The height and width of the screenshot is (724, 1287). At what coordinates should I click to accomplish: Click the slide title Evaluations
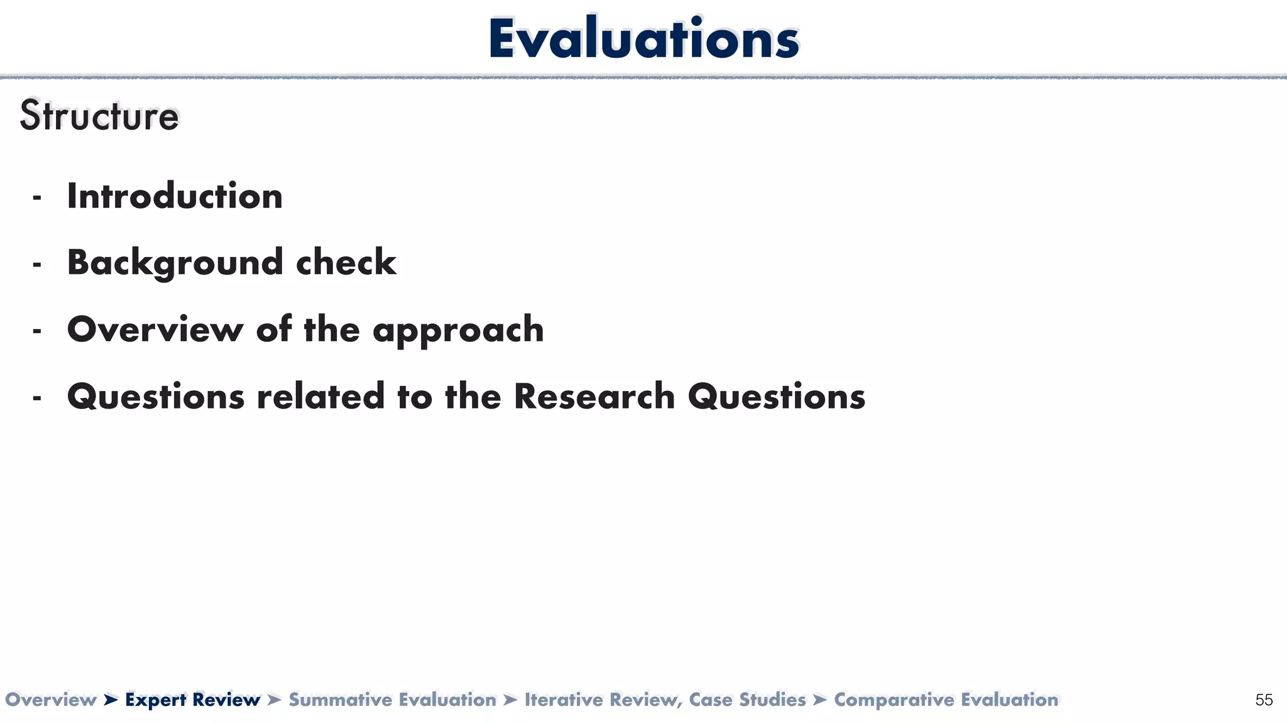click(x=643, y=39)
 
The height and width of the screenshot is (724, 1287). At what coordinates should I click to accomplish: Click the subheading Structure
click(x=99, y=116)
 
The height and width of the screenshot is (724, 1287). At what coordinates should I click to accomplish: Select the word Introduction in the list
click(x=175, y=196)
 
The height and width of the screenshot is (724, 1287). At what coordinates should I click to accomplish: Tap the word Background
click(x=175, y=263)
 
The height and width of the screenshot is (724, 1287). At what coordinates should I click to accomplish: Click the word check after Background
click(x=346, y=263)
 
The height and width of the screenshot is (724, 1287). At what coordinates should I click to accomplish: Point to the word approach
click(x=458, y=330)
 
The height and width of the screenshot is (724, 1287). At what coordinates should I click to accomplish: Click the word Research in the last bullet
click(x=594, y=397)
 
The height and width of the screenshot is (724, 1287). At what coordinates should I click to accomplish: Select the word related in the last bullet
click(x=320, y=397)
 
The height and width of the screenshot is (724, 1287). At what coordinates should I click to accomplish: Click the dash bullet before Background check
click(x=37, y=265)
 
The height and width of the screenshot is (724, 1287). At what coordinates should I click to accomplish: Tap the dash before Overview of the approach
click(x=37, y=331)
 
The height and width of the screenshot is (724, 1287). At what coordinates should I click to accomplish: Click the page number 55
click(x=1264, y=700)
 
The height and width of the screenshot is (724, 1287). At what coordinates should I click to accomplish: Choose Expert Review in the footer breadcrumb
click(x=192, y=699)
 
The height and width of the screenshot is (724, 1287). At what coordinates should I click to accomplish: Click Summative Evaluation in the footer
click(x=392, y=699)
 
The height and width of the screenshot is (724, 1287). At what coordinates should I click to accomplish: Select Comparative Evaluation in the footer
click(x=946, y=699)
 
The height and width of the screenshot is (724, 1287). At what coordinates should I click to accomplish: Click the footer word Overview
click(x=50, y=699)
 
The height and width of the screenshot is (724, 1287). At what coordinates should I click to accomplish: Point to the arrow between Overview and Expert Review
click(x=111, y=699)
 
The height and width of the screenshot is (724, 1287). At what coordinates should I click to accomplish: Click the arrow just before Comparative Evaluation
click(x=819, y=699)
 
